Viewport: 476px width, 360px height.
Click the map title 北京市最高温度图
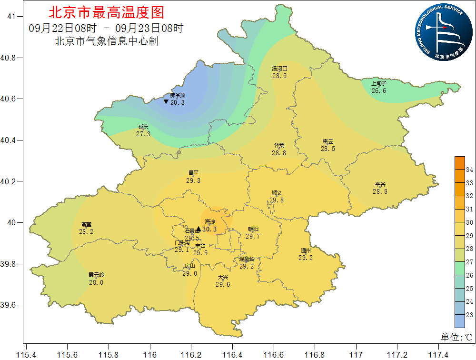106,12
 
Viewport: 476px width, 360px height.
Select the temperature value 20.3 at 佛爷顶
177,102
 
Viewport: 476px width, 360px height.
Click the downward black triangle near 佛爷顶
166,101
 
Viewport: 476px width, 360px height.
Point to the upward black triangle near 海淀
198,229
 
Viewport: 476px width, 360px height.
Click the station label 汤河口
279,69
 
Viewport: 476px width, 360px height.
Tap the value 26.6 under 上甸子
379,90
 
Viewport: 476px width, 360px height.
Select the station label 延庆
143,127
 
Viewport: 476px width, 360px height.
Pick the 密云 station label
327,141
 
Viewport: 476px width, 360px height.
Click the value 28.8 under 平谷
380,191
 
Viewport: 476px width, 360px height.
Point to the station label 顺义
277,193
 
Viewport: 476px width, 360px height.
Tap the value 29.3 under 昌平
193,180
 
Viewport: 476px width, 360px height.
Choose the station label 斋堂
86,224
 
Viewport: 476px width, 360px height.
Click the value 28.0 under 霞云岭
96,282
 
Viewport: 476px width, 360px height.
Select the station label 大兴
223,277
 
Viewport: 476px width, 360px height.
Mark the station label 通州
306,250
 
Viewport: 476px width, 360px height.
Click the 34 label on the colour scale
469,170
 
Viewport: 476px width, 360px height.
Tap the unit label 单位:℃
456,337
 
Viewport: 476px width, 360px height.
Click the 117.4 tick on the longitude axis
438,355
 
